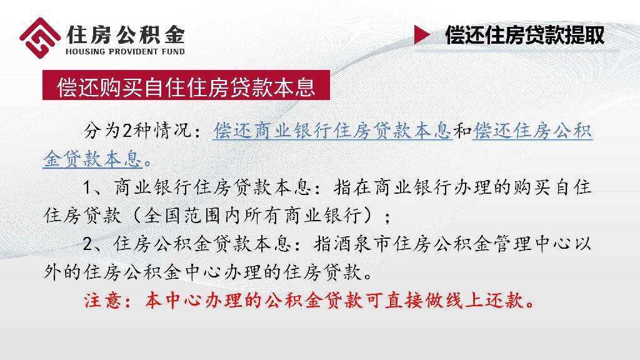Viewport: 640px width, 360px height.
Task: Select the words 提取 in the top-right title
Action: (x=584, y=35)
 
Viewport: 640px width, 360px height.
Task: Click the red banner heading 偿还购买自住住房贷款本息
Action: (x=186, y=87)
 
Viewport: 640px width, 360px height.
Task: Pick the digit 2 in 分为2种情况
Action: (x=127, y=132)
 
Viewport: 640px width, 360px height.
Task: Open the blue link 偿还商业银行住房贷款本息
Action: (x=332, y=131)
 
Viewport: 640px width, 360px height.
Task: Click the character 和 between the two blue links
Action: (x=462, y=131)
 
